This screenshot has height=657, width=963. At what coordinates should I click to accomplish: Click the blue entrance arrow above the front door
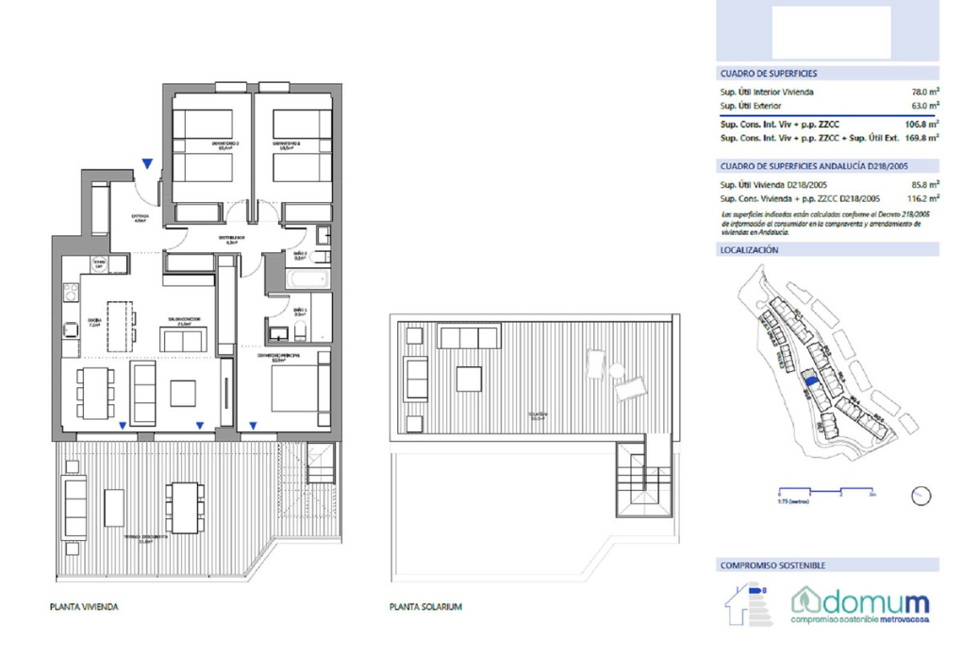point(146,164)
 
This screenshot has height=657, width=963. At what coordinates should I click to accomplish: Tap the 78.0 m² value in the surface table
point(923,92)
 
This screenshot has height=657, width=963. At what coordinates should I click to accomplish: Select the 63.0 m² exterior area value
point(923,107)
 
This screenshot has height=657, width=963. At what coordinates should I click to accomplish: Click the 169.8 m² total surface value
point(921,138)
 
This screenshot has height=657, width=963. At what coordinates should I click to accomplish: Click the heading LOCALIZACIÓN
point(749,250)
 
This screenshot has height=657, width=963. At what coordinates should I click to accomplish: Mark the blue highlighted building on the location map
point(808,380)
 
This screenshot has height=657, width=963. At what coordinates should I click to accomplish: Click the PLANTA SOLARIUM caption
point(425,607)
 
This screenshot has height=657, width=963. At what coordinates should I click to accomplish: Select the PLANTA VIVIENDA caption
point(84,607)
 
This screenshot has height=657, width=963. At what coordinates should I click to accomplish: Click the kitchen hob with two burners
point(71,328)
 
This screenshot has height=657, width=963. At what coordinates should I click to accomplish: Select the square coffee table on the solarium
point(469,379)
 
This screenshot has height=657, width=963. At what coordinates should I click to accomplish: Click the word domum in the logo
point(860,601)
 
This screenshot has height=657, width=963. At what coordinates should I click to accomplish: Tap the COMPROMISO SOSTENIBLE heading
point(772,565)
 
